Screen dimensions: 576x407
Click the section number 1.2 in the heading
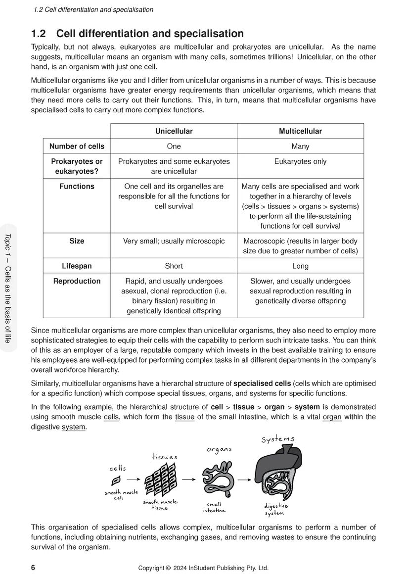[38, 34]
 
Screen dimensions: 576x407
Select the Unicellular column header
[174, 131]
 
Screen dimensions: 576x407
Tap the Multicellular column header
[300, 131]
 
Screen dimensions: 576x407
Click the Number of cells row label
[77, 146]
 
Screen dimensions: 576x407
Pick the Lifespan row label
[77, 266]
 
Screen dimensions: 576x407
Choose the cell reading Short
[174, 266]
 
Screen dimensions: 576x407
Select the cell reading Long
[300, 266]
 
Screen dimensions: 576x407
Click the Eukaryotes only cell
[300, 161]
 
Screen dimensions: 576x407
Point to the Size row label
[77, 241]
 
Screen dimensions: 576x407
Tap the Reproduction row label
[77, 281]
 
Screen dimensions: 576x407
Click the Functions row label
[77, 187]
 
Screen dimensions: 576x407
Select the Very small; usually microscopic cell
[174, 241]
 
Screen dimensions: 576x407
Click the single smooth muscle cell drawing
[117, 480]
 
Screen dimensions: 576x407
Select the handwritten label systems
[277, 438]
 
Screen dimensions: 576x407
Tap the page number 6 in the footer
[33, 568]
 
